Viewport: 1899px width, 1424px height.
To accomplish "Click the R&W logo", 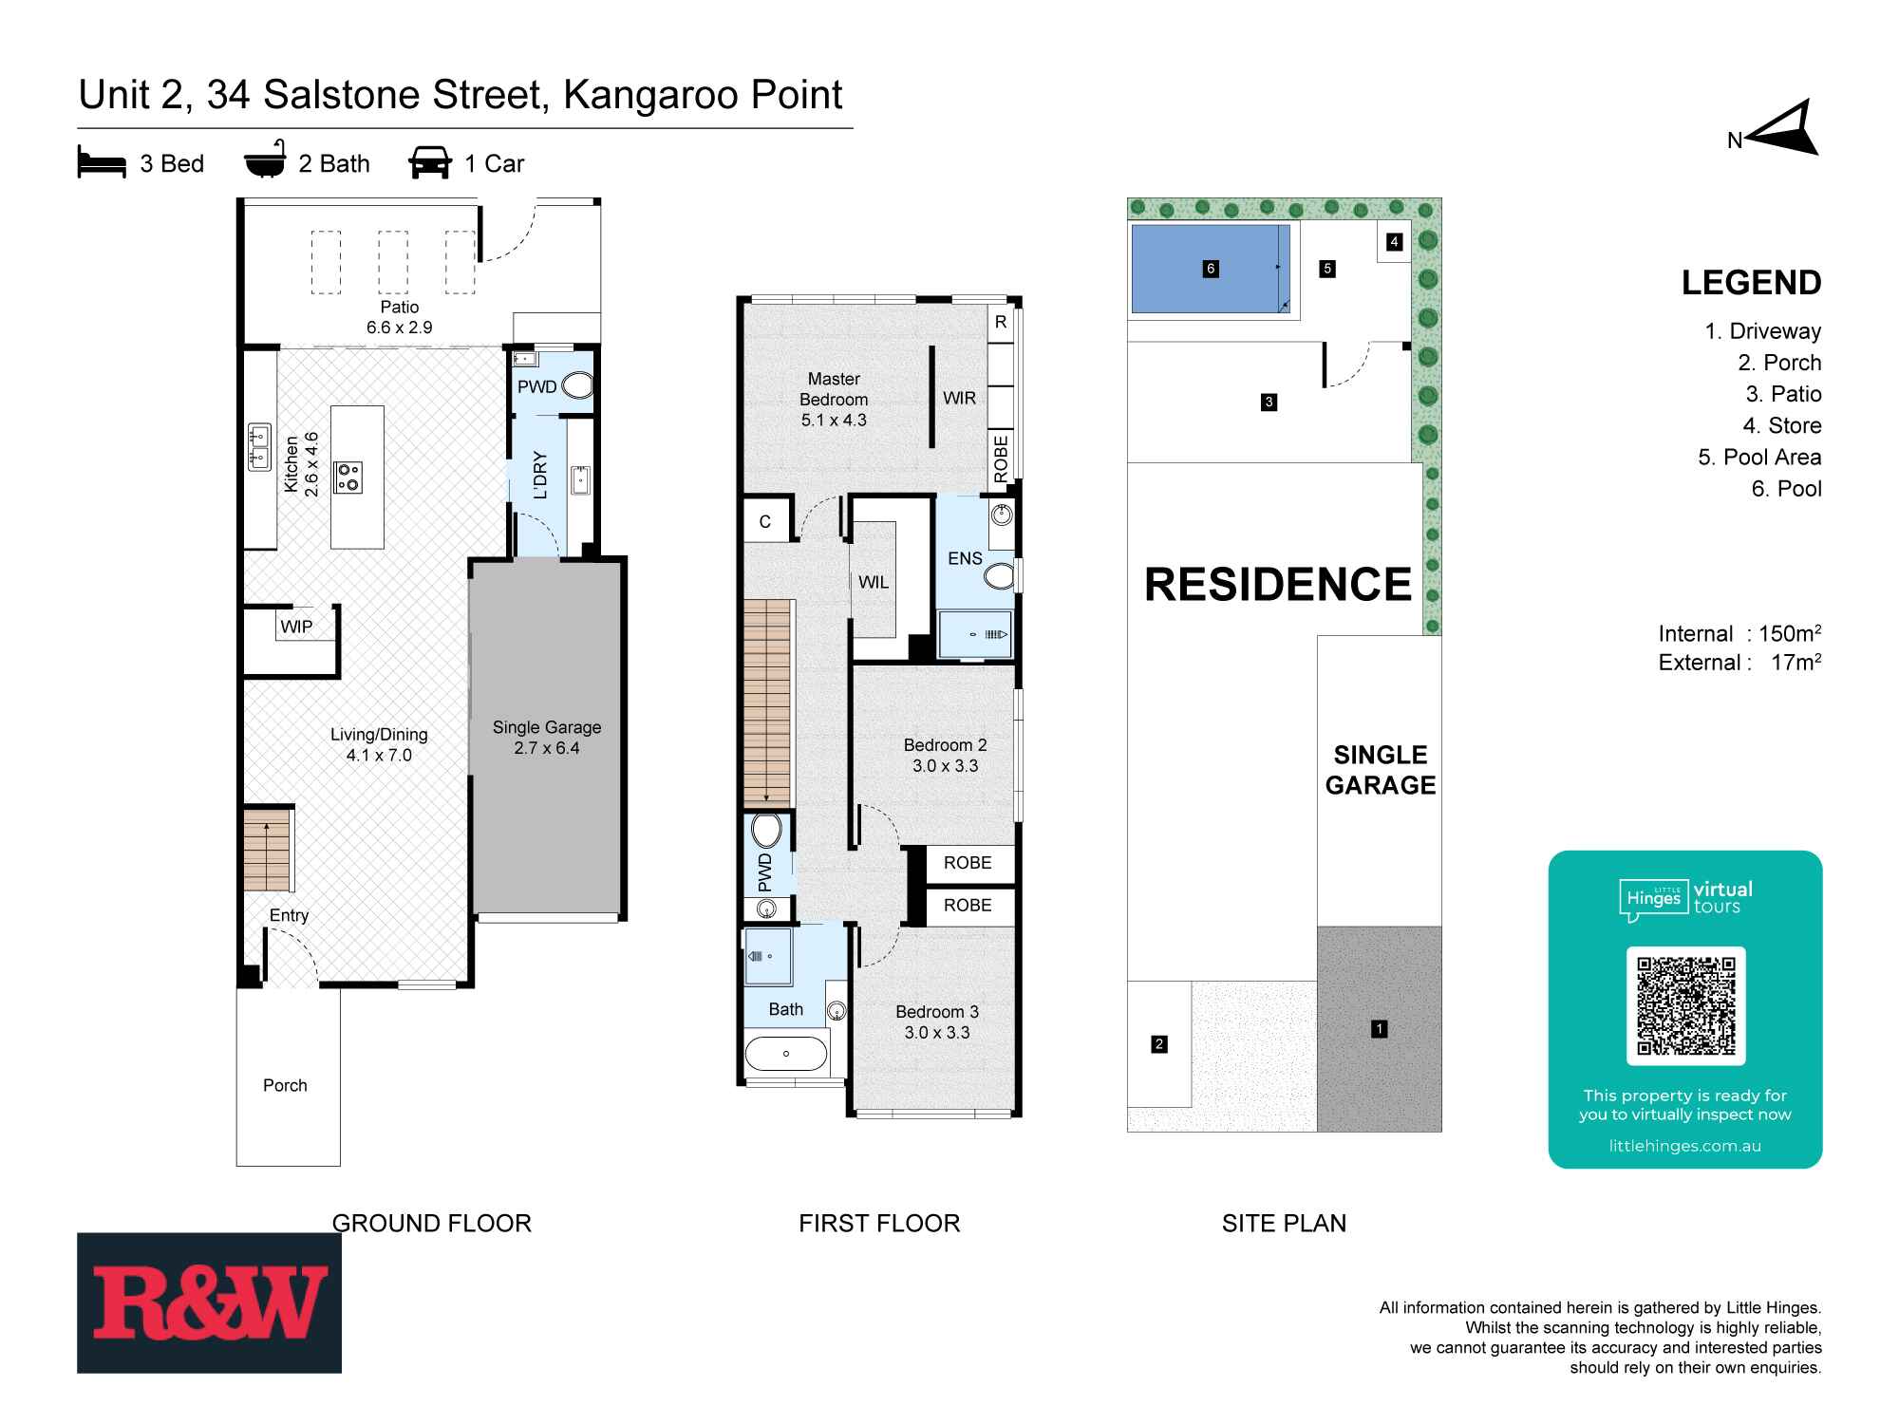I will (x=209, y=1302).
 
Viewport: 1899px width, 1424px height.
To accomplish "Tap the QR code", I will (x=1685, y=1006).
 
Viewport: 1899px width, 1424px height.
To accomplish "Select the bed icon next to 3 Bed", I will (x=102, y=163).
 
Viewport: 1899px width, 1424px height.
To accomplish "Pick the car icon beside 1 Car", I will (x=430, y=163).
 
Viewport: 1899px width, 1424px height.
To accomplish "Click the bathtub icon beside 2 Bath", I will (x=265, y=163).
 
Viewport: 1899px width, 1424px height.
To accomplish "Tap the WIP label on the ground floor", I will (x=296, y=627).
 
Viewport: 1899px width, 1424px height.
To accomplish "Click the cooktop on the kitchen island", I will (x=348, y=476).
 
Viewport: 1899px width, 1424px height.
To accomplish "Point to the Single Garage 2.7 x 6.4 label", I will (x=547, y=738).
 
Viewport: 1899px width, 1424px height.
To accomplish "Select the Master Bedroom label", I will (x=834, y=399).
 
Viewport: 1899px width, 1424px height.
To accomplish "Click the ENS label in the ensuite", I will (x=965, y=558).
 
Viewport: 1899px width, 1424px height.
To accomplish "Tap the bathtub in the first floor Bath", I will (x=786, y=1054).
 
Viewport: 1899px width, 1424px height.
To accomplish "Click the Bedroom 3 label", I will (x=937, y=1022).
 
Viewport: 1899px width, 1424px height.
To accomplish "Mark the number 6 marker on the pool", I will (x=1211, y=269).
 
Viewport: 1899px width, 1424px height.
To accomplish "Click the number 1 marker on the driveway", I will (x=1379, y=1028).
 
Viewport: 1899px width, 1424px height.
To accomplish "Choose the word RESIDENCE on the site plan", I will (x=1278, y=585).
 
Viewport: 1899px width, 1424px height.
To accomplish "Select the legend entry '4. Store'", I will (x=1781, y=425).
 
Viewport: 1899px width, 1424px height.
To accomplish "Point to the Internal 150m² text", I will (x=1739, y=633).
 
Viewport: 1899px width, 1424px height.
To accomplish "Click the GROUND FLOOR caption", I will (x=432, y=1223).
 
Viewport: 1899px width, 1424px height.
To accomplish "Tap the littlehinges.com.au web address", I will (x=1684, y=1146).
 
